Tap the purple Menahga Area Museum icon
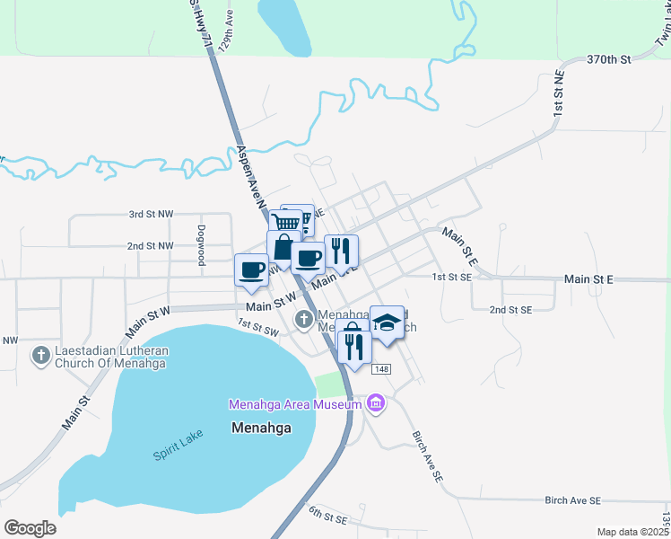click(x=376, y=404)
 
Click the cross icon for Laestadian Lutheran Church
click(x=40, y=357)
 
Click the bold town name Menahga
click(x=261, y=428)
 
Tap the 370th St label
click(x=609, y=59)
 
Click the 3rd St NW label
click(x=151, y=215)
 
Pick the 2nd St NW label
click(x=150, y=245)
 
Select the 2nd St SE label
click(x=510, y=309)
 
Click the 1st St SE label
click(x=451, y=278)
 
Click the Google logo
click(x=30, y=527)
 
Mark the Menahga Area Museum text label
click(x=295, y=404)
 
